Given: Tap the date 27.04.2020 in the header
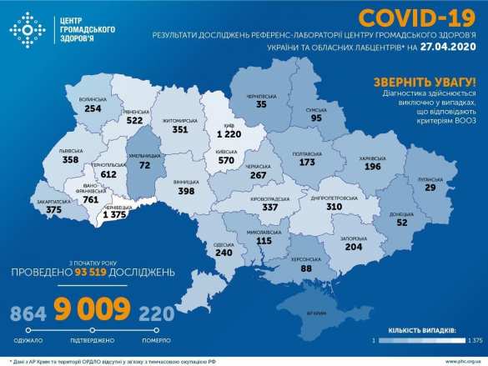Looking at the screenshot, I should pos(453,49).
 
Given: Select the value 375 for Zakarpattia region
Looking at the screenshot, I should pos(54,211).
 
